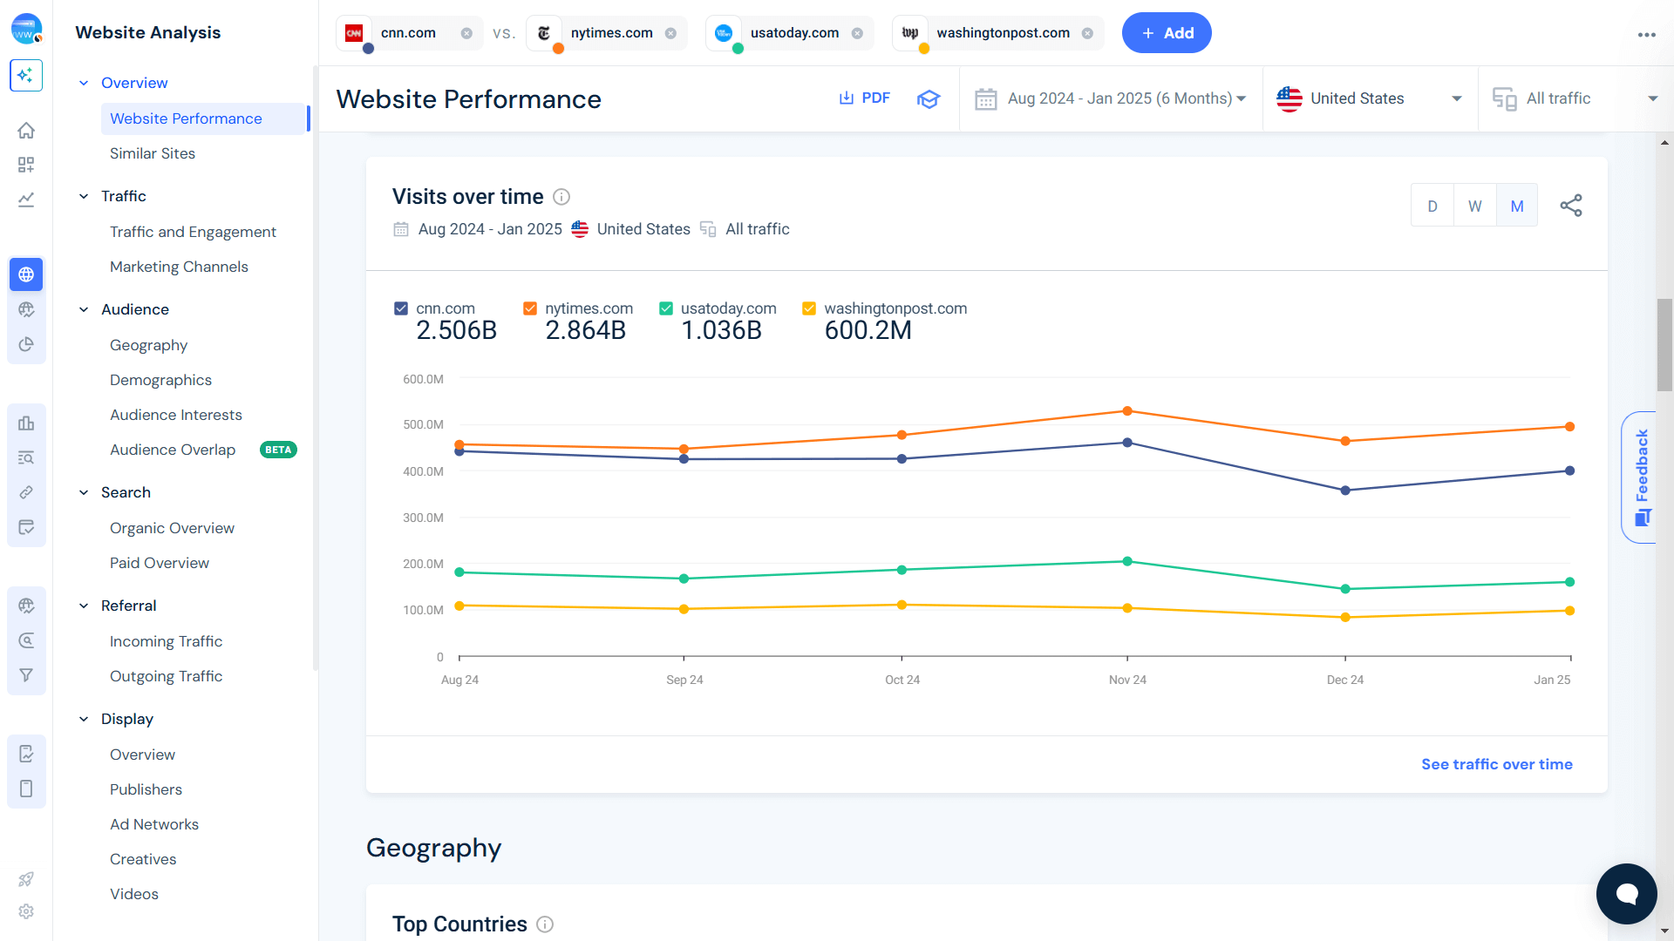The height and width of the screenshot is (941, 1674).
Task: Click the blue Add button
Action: (1166, 33)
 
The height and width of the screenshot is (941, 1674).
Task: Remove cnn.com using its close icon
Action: (466, 33)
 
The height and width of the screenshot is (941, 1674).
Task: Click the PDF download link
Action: (864, 98)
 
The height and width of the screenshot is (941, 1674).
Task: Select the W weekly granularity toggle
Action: (1474, 206)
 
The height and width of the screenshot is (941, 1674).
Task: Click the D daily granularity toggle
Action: (1432, 206)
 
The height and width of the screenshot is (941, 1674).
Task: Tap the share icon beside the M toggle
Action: (1570, 206)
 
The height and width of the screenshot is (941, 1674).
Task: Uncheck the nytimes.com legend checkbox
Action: (530, 308)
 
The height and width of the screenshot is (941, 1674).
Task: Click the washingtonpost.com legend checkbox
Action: (809, 308)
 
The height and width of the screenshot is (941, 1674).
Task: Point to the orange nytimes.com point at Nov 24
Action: (1127, 411)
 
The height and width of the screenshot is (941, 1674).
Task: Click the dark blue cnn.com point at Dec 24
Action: (1345, 491)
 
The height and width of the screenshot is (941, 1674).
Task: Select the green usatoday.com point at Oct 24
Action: (902, 570)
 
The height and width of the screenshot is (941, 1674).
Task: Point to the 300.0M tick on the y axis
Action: (423, 518)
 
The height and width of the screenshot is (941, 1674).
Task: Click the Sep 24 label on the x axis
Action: (684, 680)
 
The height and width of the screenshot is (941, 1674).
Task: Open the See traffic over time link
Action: (1496, 764)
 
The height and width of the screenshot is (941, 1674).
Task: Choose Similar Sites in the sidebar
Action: (153, 153)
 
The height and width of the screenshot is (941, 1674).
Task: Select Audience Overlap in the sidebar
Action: (173, 450)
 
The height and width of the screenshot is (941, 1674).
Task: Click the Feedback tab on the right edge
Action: (1641, 477)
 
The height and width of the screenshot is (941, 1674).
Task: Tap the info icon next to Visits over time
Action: (561, 197)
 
